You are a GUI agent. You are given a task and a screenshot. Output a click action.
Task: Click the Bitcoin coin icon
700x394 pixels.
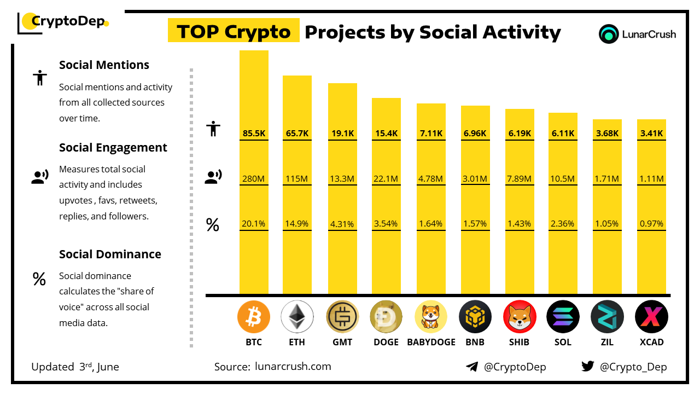coord(254,317)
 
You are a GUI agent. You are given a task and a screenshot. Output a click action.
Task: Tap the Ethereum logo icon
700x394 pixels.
coord(297,317)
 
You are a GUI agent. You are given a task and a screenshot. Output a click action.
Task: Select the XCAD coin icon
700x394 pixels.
coord(651,317)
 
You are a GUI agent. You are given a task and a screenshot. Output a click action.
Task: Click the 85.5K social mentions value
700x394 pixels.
coord(254,133)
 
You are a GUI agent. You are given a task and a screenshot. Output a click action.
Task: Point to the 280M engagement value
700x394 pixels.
coord(254,178)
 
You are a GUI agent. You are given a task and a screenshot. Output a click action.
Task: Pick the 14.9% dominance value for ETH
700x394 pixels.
coord(297,224)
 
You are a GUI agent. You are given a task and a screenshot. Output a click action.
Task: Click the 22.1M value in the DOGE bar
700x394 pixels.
coord(386,178)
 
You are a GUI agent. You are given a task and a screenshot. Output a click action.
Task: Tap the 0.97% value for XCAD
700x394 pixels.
coord(651,224)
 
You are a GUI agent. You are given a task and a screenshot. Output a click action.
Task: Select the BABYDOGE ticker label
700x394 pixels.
coord(431,342)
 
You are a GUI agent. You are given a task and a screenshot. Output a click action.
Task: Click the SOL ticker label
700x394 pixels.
coord(563,342)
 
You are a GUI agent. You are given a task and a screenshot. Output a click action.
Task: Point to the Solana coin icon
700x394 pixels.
coord(563,317)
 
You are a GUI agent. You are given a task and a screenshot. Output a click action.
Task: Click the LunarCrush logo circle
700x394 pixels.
coord(608,34)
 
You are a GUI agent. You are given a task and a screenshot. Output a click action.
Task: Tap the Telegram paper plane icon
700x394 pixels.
coord(471,367)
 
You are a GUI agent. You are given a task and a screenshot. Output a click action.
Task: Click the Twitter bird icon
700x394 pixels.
coord(588,367)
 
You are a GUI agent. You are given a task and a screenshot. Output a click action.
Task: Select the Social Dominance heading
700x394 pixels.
coord(110,254)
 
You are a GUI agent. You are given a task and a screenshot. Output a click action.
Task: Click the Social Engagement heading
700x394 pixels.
coord(113,148)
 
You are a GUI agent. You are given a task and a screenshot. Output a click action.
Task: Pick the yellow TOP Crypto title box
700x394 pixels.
coord(234,32)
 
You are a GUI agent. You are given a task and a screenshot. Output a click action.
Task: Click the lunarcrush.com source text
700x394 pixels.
coord(293,367)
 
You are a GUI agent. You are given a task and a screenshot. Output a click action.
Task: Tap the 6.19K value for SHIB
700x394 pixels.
coord(520,133)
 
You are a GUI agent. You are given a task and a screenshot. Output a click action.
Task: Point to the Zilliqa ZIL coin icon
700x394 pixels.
coord(607,317)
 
